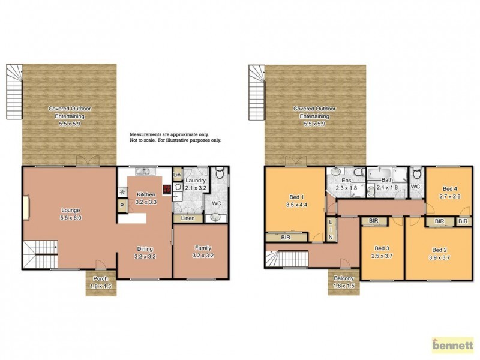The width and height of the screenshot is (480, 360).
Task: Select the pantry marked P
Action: click(x=122, y=206)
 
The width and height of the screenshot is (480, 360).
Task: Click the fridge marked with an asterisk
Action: click(x=122, y=193)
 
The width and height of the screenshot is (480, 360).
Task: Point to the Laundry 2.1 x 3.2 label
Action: click(x=196, y=184)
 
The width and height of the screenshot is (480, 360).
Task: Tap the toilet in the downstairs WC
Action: click(x=220, y=175)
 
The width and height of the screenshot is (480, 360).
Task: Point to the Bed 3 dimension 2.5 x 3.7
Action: click(x=382, y=257)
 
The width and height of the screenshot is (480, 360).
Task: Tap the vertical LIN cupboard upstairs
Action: click(x=330, y=230)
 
